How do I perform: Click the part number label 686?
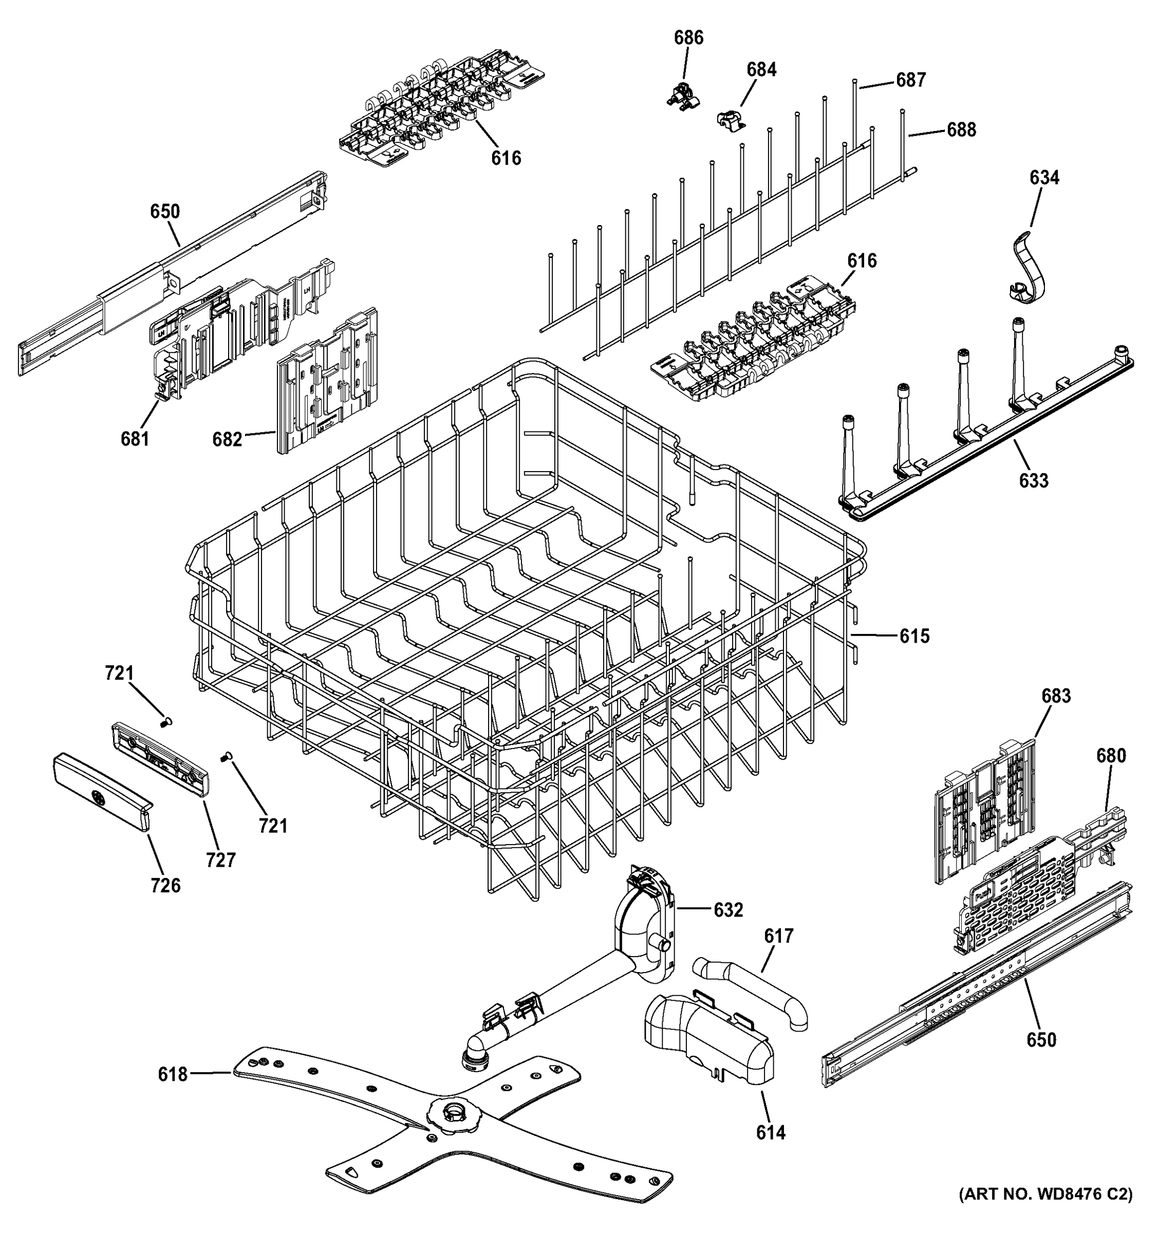point(688,39)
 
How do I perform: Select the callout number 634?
point(1044,178)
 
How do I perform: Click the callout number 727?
point(221,860)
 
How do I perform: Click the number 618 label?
point(173,1074)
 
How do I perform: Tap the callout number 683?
point(1056,696)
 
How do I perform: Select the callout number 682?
point(227,440)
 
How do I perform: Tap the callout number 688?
point(961,130)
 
